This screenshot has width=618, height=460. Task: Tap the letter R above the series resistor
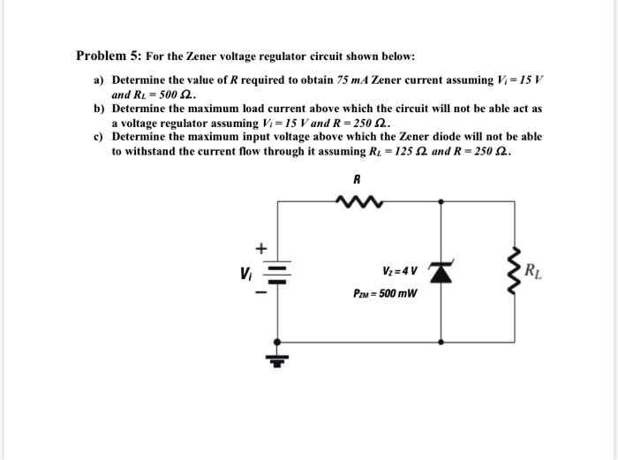pyautogui.click(x=358, y=178)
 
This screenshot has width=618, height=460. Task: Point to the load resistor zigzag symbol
pyautogui.click(x=516, y=270)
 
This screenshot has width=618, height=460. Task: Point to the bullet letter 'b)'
pyautogui.click(x=100, y=108)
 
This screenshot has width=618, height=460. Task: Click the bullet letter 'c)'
pyautogui.click(x=100, y=138)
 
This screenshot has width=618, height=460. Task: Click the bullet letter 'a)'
pyautogui.click(x=100, y=80)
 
